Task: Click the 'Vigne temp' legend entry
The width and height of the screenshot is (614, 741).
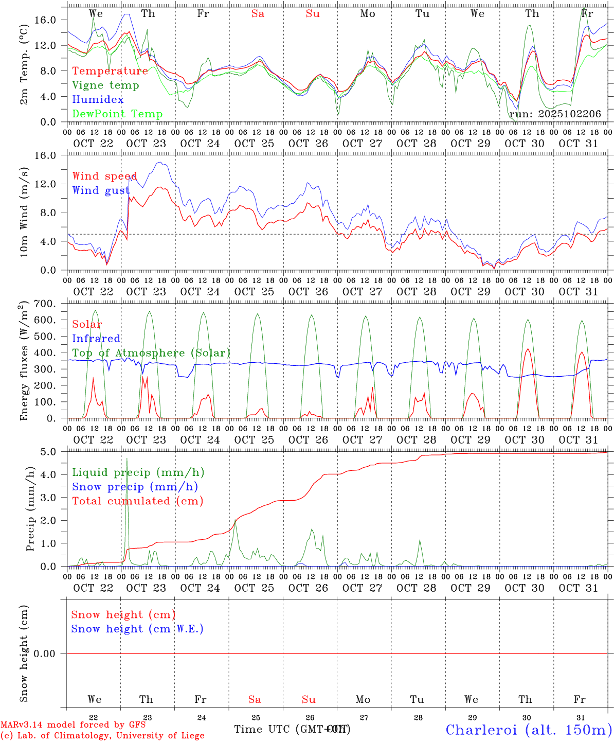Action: click(105, 85)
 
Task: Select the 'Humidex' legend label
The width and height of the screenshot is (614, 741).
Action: click(98, 100)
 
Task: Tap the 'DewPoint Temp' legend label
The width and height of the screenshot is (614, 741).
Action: click(117, 114)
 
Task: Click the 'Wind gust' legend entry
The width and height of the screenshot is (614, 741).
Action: click(101, 191)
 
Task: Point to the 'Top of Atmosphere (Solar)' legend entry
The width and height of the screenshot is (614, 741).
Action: click(151, 353)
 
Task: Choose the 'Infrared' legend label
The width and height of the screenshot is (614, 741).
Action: click(96, 339)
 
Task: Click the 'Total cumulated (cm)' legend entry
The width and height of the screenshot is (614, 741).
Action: click(137, 501)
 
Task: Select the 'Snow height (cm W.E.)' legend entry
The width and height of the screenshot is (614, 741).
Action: click(137, 629)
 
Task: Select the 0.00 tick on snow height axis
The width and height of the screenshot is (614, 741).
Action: click(49, 654)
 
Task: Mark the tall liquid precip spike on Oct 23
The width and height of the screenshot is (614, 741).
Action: click(127, 459)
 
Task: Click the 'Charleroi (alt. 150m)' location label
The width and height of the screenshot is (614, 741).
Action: click(529, 730)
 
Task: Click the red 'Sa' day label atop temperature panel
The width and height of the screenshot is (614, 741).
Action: click(258, 14)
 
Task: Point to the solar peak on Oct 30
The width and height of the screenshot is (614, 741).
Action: click(528, 349)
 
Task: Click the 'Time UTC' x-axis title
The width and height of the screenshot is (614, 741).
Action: click(264, 729)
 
